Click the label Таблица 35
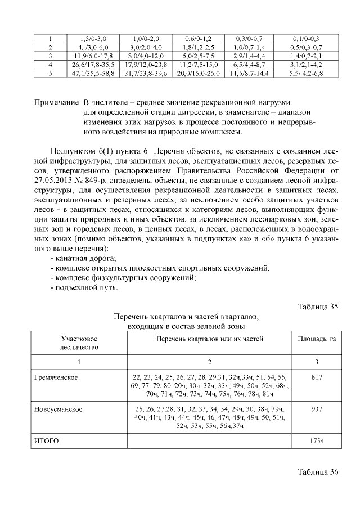(x=317, y=307)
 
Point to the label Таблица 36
(x=317, y=471)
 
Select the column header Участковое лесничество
(x=79, y=343)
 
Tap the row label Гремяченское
(x=56, y=376)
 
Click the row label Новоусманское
(x=58, y=409)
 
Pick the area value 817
(x=317, y=376)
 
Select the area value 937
(x=317, y=409)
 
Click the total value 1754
(x=317, y=441)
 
